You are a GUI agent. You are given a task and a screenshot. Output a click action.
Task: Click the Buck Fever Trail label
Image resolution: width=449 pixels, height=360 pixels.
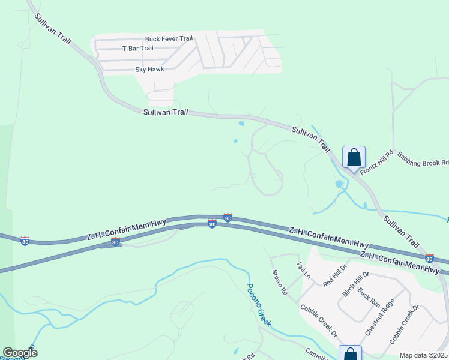(169, 39)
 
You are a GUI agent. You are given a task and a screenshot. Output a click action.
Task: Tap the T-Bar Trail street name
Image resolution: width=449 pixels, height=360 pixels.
(137, 49)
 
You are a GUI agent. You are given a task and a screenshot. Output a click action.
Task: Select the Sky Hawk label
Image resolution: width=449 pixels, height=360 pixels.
(149, 70)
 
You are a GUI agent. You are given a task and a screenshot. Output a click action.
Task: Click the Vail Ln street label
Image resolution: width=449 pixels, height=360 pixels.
(303, 269)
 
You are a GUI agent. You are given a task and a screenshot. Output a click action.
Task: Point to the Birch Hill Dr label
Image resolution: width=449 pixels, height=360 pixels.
(354, 284)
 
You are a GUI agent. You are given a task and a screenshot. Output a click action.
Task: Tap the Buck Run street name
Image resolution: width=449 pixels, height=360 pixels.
(369, 298)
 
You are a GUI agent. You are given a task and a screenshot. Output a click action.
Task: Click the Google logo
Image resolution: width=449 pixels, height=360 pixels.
(20, 352)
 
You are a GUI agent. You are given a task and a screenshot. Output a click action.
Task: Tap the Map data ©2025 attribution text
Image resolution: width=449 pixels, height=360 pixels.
(423, 355)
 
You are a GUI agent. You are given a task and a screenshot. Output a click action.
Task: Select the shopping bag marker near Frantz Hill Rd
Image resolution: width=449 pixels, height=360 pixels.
(354, 157)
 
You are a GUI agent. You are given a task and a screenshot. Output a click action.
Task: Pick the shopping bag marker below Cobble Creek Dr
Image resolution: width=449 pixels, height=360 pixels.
(351, 355)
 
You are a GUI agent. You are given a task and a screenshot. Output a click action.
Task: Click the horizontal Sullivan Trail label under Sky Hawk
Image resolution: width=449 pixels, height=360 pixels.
(166, 112)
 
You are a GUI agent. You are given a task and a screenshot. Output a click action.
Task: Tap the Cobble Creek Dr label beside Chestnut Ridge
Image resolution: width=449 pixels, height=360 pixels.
(403, 324)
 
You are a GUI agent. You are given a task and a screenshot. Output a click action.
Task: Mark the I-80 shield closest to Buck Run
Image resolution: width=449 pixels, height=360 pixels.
(429, 258)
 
